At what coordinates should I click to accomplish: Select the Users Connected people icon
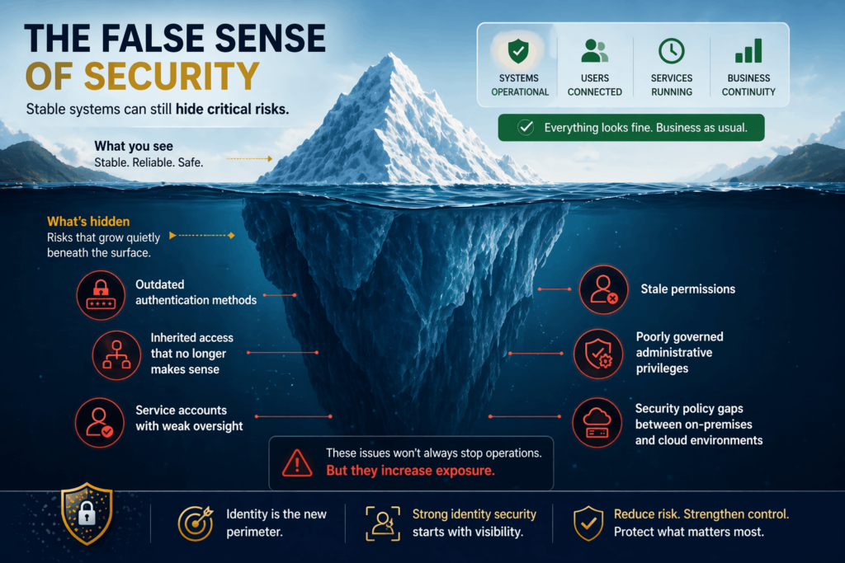(594, 51)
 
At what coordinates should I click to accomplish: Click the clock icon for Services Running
(671, 51)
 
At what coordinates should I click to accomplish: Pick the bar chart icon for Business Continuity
(748, 52)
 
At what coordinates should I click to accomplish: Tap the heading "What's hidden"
(88, 221)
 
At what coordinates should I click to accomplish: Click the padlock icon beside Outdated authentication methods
(101, 294)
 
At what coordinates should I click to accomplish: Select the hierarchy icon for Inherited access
(116, 354)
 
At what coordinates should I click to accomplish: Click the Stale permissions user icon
(603, 289)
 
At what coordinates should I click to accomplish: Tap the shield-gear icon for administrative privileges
(598, 354)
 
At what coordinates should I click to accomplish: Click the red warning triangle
(296, 463)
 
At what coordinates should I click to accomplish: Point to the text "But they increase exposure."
(410, 471)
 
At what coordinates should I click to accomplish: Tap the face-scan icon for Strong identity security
(382, 523)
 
